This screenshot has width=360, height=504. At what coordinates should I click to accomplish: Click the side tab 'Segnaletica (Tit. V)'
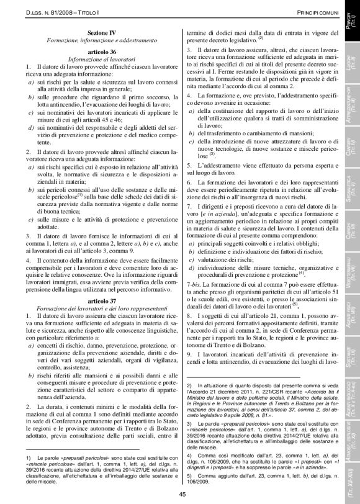pos(351,189)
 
